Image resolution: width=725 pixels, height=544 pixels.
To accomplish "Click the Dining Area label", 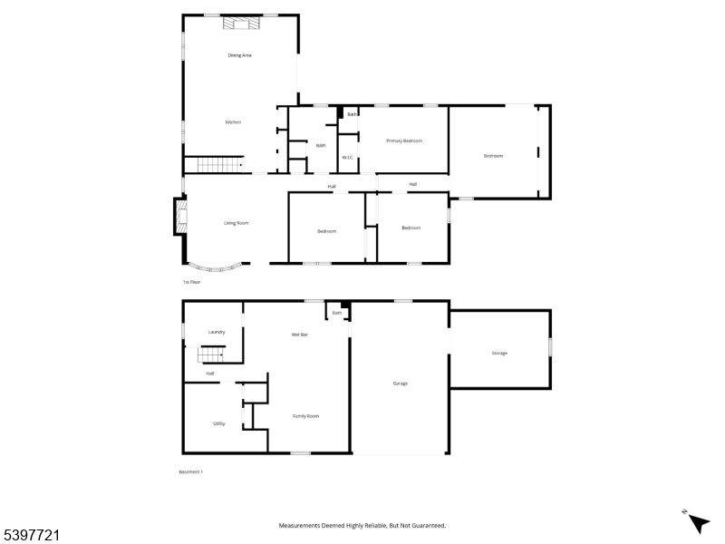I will tap(239, 55).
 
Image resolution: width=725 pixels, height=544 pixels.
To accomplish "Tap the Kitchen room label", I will tap(233, 121).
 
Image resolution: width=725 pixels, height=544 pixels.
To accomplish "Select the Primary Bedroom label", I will tap(404, 141).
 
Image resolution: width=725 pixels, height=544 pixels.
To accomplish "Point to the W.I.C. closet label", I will tap(348, 158).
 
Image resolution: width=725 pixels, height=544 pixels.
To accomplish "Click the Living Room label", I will tap(237, 223).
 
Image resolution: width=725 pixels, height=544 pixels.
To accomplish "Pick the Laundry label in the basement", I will tap(216, 332).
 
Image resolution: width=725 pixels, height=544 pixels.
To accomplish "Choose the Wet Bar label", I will tap(299, 335).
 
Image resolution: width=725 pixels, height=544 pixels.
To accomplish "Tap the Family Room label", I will tap(305, 416).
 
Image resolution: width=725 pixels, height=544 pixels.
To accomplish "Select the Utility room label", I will tap(219, 423).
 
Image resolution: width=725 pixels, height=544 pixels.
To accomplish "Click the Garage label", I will tap(400, 384).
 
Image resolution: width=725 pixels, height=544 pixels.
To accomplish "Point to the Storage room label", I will tap(499, 353).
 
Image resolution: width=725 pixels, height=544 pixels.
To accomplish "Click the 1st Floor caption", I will tap(191, 282).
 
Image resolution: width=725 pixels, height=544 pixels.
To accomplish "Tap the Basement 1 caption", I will tap(190, 471).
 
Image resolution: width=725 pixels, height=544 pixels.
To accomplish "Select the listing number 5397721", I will tap(31, 536).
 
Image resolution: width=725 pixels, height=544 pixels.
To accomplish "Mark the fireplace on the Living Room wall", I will tap(179, 217).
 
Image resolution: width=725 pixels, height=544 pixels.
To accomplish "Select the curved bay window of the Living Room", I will tap(216, 267).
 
